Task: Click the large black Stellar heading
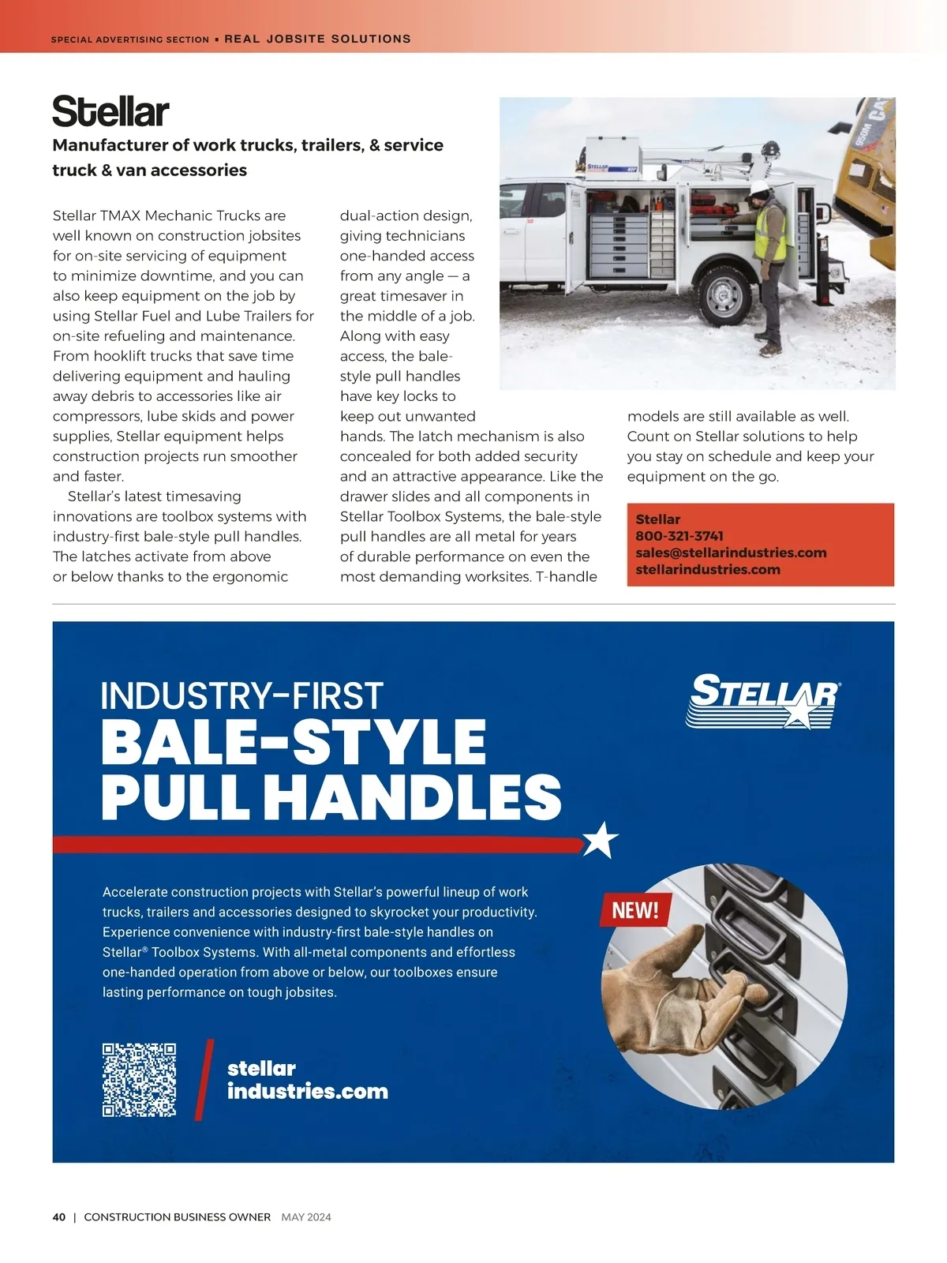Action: (110, 111)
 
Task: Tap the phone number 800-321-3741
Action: (679, 536)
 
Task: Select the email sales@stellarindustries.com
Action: (731, 553)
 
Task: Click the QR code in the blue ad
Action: (139, 1079)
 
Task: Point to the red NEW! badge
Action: (635, 910)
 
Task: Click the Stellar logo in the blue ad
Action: (762, 700)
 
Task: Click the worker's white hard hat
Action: (760, 188)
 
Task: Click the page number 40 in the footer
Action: (59, 1217)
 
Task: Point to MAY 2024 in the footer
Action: (306, 1217)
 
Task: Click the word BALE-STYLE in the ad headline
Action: (294, 741)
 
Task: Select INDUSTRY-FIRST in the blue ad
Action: (241, 696)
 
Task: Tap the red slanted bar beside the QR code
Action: (204, 1079)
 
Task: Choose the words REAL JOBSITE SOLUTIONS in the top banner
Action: (317, 39)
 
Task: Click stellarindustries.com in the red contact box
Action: (708, 569)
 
